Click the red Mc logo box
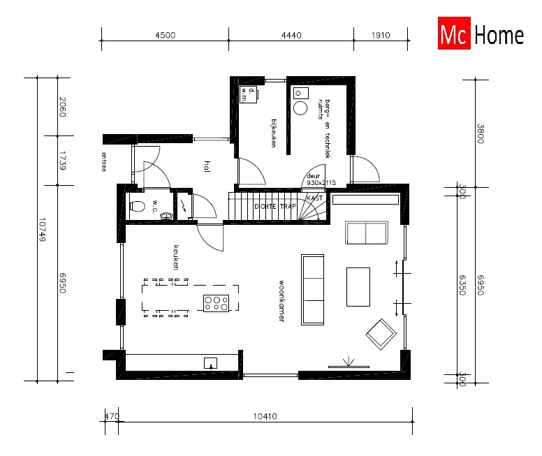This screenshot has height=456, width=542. click(x=455, y=36)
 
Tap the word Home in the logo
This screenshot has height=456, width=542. click(x=499, y=36)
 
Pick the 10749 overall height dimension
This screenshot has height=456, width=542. click(x=43, y=228)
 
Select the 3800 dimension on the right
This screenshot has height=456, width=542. click(x=481, y=133)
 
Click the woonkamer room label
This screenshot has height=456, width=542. click(x=281, y=300)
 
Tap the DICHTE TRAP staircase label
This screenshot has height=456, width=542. click(x=274, y=207)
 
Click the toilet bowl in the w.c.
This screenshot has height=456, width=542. click(x=138, y=206)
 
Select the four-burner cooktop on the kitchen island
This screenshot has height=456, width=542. click(x=217, y=302)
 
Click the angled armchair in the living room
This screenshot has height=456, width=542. click(x=381, y=334)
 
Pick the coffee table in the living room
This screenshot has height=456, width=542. click(x=358, y=286)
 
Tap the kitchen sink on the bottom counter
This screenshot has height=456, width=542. click(x=210, y=362)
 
